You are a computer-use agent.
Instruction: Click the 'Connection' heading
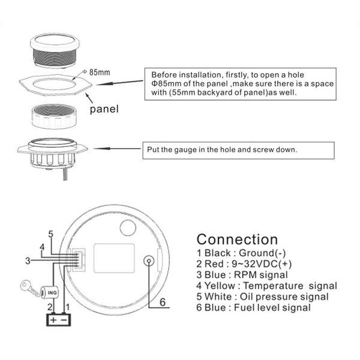237,240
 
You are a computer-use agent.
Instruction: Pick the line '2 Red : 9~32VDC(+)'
246,264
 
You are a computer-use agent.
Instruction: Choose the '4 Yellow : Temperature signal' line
266,286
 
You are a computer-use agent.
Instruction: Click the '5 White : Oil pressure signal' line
262,297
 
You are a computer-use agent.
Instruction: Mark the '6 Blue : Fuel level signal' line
253,308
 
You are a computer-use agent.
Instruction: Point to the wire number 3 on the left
28,260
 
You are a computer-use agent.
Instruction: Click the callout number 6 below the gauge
161,302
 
